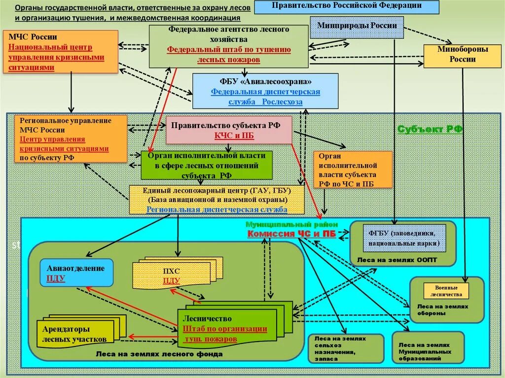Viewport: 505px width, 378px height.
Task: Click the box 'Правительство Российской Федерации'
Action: tap(347, 6)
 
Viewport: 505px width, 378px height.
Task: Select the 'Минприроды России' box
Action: tap(357, 26)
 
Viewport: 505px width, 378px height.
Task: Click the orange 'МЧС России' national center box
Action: tap(61, 52)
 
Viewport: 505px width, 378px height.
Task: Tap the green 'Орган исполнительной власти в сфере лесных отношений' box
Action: tap(206, 165)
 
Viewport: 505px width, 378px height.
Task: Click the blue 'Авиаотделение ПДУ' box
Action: tap(76, 273)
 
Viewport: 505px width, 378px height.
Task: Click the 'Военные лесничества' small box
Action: tap(446, 291)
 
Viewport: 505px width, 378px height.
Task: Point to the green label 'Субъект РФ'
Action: tap(430, 129)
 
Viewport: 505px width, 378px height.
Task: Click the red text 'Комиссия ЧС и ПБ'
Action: tap(291, 234)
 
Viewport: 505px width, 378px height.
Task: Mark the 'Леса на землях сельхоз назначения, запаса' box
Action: tap(346, 348)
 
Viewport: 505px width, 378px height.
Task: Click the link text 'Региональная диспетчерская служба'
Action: tap(216, 209)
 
